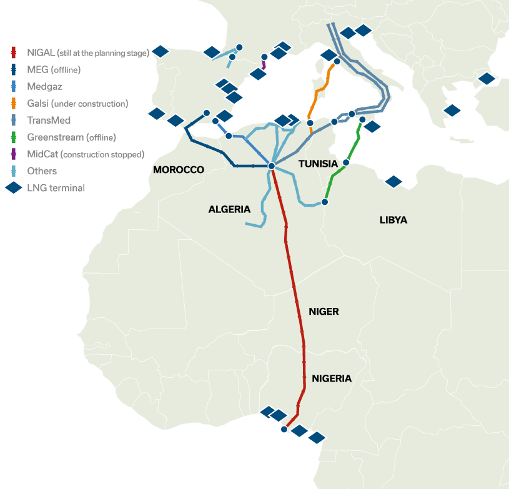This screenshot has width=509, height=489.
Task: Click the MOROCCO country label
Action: pos(179,170)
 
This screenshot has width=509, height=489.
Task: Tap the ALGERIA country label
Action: pos(229,209)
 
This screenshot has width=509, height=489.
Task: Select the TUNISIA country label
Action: pos(318,164)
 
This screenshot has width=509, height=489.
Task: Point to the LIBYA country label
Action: pos(393,220)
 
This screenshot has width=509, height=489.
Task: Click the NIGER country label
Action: pos(324,311)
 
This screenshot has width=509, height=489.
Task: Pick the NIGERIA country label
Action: pos(332,378)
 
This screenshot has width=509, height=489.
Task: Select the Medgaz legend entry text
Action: pos(44,86)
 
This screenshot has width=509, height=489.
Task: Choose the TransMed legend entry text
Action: pos(49,120)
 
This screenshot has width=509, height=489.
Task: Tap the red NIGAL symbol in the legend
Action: pos(13,52)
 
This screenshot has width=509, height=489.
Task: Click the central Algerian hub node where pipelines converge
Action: pos(272,165)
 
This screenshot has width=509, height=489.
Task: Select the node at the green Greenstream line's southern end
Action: pos(325,202)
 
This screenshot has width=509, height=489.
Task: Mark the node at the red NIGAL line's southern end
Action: pos(284,430)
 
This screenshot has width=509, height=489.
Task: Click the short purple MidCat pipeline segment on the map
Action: pos(264,64)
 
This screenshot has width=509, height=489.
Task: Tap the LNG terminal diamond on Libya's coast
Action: pos(393,182)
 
